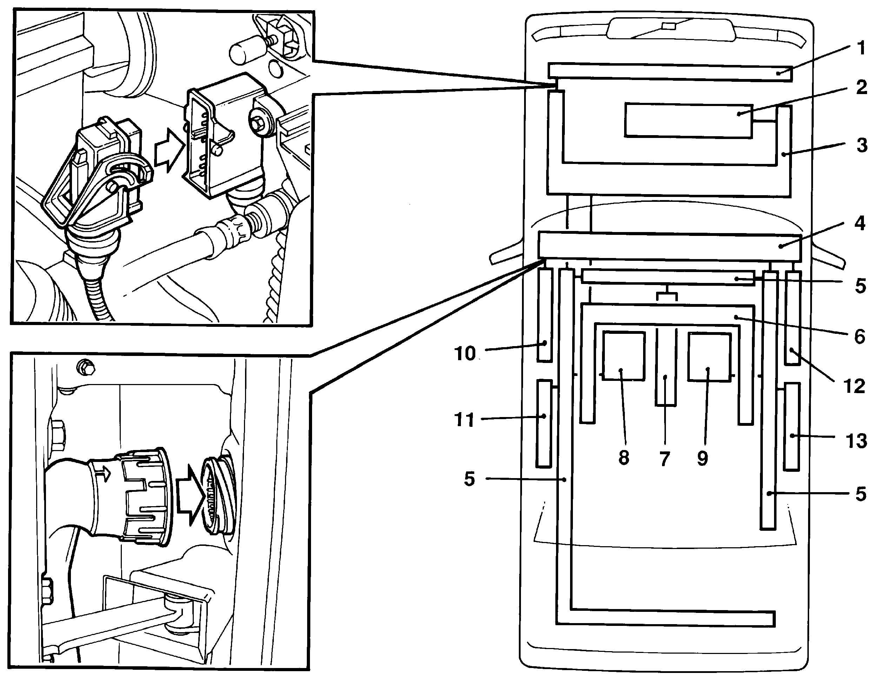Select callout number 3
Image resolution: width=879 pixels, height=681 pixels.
(x=861, y=145)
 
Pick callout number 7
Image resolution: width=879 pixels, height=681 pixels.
(x=665, y=458)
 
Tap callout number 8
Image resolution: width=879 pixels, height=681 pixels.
(x=623, y=458)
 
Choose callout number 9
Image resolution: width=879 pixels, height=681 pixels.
(x=702, y=458)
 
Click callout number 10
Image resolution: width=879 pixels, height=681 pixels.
(x=465, y=354)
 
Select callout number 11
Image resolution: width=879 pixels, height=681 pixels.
(x=464, y=420)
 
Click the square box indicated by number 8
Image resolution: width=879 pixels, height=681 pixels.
(x=623, y=356)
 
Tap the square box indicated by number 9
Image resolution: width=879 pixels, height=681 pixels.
(x=709, y=357)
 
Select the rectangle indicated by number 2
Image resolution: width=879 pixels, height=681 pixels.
(x=689, y=121)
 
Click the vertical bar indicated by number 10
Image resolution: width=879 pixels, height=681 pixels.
(x=545, y=315)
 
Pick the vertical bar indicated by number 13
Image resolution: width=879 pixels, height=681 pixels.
(x=792, y=426)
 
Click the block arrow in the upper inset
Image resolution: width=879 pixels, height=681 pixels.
(x=170, y=151)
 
